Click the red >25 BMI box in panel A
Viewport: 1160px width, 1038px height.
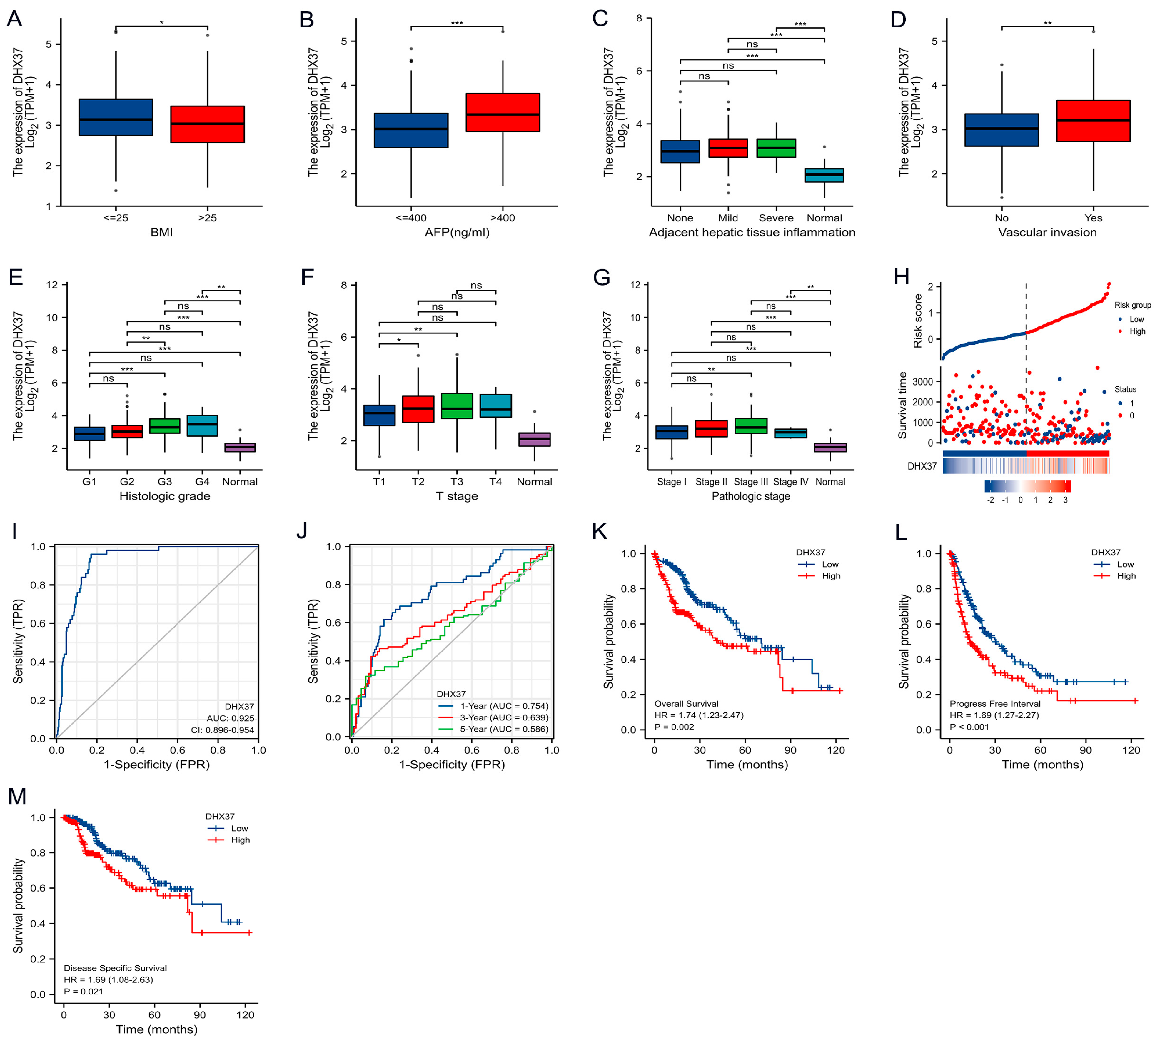(207, 124)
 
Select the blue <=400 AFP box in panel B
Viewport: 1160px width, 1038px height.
(410, 131)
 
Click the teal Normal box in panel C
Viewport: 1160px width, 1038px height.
(824, 175)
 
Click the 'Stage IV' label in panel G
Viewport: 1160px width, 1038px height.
(790, 482)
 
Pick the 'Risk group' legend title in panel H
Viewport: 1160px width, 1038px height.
(1132, 305)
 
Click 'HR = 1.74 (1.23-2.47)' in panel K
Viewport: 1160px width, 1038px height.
(699, 715)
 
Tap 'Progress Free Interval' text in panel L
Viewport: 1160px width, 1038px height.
(995, 704)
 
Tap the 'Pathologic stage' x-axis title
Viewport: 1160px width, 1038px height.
(750, 496)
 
